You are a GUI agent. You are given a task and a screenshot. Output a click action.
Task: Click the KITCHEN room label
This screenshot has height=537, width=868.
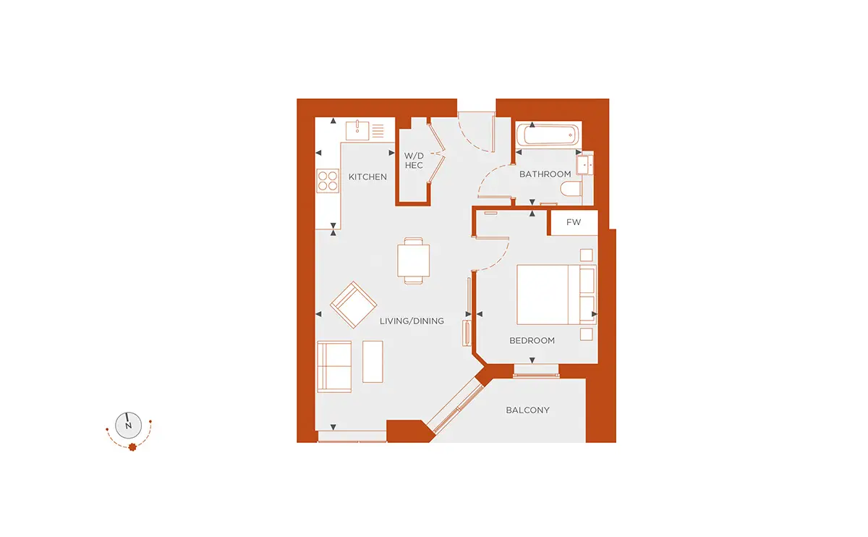367,177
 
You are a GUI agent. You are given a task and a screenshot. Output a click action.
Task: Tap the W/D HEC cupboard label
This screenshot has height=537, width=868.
414,161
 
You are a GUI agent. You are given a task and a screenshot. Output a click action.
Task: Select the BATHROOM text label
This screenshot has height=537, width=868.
545,174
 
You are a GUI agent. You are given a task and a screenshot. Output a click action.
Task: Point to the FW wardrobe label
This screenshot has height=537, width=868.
574,222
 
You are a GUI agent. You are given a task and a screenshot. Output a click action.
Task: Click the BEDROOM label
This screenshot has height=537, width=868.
532,340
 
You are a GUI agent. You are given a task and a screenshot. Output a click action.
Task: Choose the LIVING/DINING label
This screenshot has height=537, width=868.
412,321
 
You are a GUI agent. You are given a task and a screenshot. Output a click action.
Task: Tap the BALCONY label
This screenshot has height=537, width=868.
527,410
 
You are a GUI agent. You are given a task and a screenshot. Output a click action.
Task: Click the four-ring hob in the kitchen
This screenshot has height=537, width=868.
328,181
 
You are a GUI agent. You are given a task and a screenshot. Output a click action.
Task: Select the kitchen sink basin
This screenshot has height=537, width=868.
357,130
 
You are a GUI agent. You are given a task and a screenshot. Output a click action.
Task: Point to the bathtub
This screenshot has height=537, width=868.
548,135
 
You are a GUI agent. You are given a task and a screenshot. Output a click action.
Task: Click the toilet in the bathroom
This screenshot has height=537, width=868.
571,189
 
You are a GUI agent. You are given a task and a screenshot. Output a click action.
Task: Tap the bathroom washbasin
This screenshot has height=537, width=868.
584,165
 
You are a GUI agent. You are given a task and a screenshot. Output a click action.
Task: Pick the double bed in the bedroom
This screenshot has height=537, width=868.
556,295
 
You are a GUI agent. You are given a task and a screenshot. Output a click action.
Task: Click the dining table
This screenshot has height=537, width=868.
414,261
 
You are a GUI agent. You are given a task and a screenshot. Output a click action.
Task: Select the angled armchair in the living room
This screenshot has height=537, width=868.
354,305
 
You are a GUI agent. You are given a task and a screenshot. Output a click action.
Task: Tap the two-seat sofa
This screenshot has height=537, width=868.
334,367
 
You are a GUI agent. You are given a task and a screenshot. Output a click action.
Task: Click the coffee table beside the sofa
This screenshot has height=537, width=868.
373,362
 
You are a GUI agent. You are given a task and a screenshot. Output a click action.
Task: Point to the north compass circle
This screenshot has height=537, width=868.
128,426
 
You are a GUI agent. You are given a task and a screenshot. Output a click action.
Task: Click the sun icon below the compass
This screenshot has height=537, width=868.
132,447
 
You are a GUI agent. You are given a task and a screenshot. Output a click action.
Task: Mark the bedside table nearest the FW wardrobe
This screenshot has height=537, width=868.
587,255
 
